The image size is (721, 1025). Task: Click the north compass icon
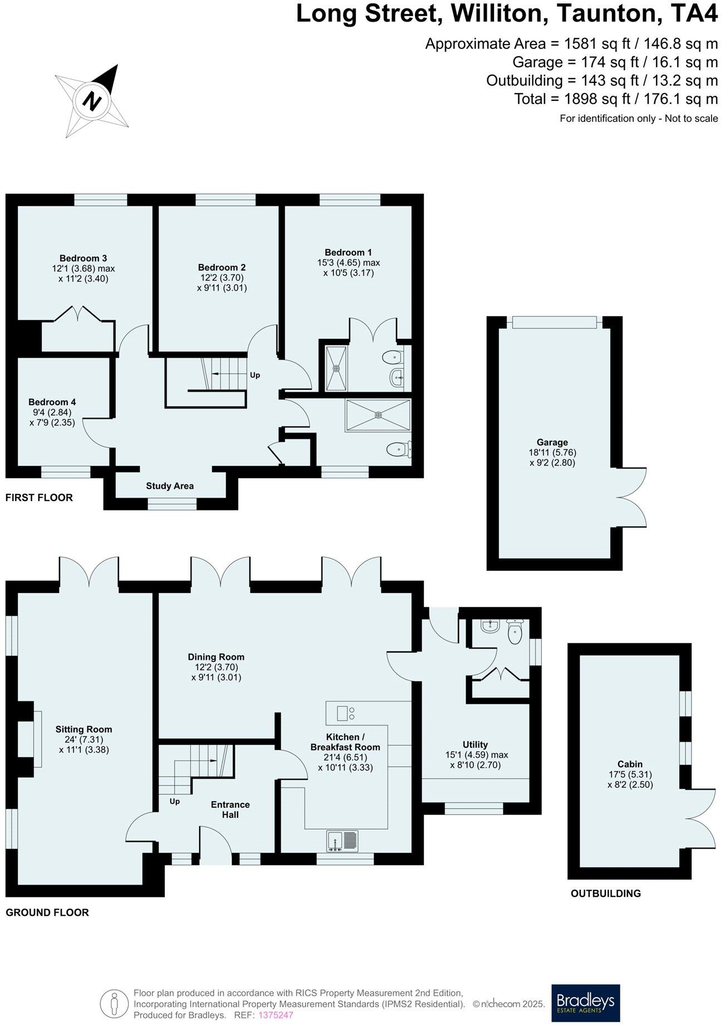point(92,100)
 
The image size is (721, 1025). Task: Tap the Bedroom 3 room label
point(83,258)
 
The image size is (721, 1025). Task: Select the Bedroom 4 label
point(52,402)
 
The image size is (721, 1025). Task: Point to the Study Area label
point(170,486)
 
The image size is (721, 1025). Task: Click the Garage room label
point(552,443)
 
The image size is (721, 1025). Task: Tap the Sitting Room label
point(83,729)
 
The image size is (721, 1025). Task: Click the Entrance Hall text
point(230,810)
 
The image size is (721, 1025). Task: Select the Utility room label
point(475,745)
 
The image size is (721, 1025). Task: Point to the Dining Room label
point(216,657)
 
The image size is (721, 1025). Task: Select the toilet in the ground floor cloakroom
point(515,633)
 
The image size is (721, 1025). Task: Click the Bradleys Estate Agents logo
point(585,1003)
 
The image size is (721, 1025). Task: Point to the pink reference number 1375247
point(276,1015)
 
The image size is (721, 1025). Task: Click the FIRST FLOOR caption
point(39,498)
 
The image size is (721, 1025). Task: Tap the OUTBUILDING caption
point(605,894)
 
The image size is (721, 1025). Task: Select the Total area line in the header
point(616,99)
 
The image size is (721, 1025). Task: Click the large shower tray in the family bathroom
point(378,415)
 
